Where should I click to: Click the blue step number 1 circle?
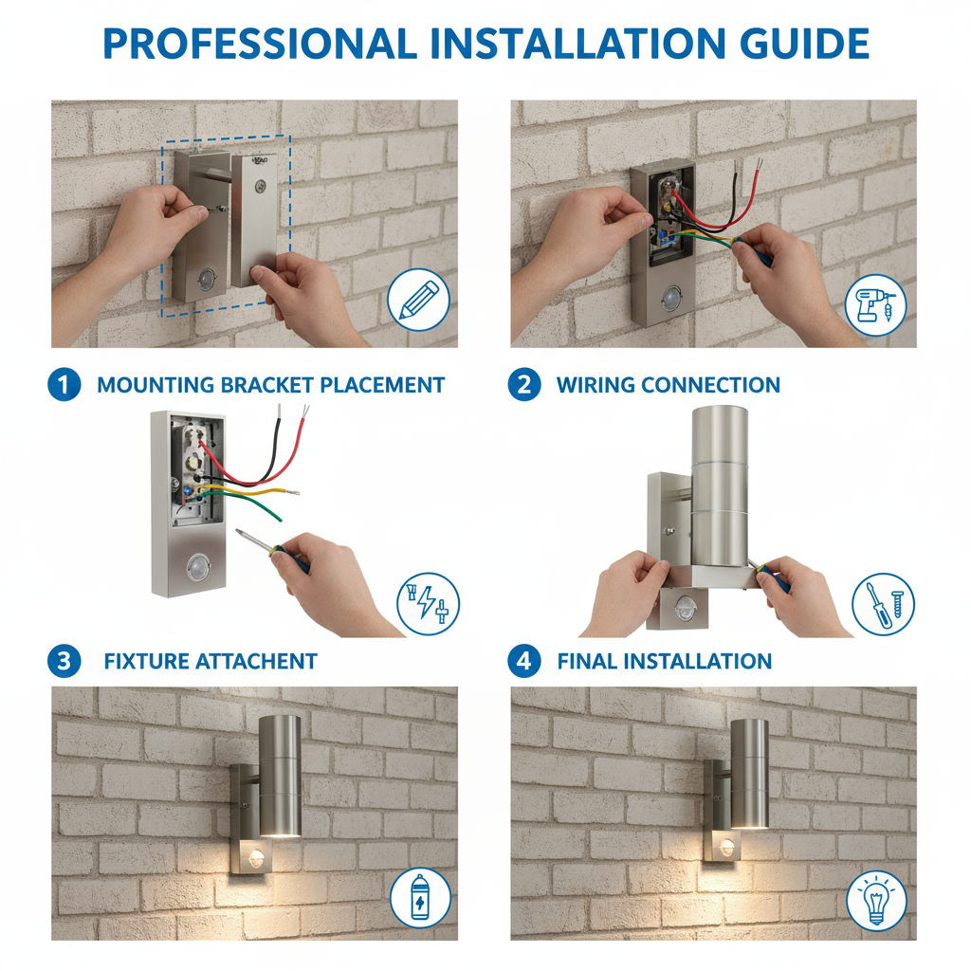(64, 385)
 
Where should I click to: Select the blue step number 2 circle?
(523, 385)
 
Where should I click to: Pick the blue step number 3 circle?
(64, 661)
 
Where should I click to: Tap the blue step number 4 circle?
(523, 661)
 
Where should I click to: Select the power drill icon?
(875, 305)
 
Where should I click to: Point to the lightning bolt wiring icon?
(428, 604)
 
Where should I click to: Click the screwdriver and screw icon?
(883, 604)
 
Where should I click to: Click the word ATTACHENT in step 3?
(256, 661)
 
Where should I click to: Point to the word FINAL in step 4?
(588, 661)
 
